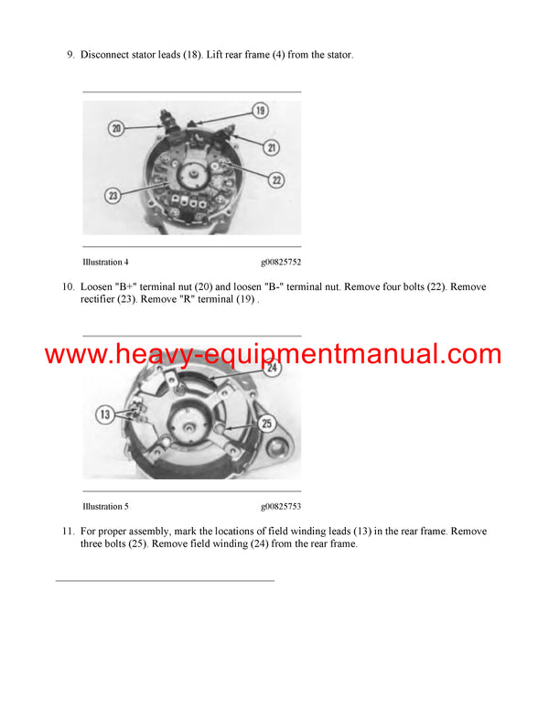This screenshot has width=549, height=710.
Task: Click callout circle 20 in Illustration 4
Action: pos(116,129)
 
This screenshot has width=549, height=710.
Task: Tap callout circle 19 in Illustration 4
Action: pos(260,111)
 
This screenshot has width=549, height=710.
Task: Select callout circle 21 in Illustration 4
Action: pos(273,146)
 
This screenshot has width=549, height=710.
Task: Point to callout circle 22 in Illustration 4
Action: pos(276,180)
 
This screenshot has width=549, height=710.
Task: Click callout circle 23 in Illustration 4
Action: pos(113,194)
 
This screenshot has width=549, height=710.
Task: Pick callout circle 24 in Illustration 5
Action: pos(273,370)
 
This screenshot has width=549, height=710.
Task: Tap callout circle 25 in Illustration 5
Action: pos(267,423)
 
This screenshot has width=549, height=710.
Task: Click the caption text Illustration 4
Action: pos(105,263)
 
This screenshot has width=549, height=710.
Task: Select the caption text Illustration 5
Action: pos(105,506)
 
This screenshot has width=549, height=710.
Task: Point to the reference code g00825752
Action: pos(280,263)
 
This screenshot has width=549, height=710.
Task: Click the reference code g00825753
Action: pos(280,506)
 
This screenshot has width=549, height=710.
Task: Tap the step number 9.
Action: pos(70,55)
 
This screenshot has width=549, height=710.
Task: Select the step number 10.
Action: pos(68,287)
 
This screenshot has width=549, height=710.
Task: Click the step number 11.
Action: pos(68,532)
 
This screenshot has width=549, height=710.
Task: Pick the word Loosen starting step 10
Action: pos(97,287)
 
